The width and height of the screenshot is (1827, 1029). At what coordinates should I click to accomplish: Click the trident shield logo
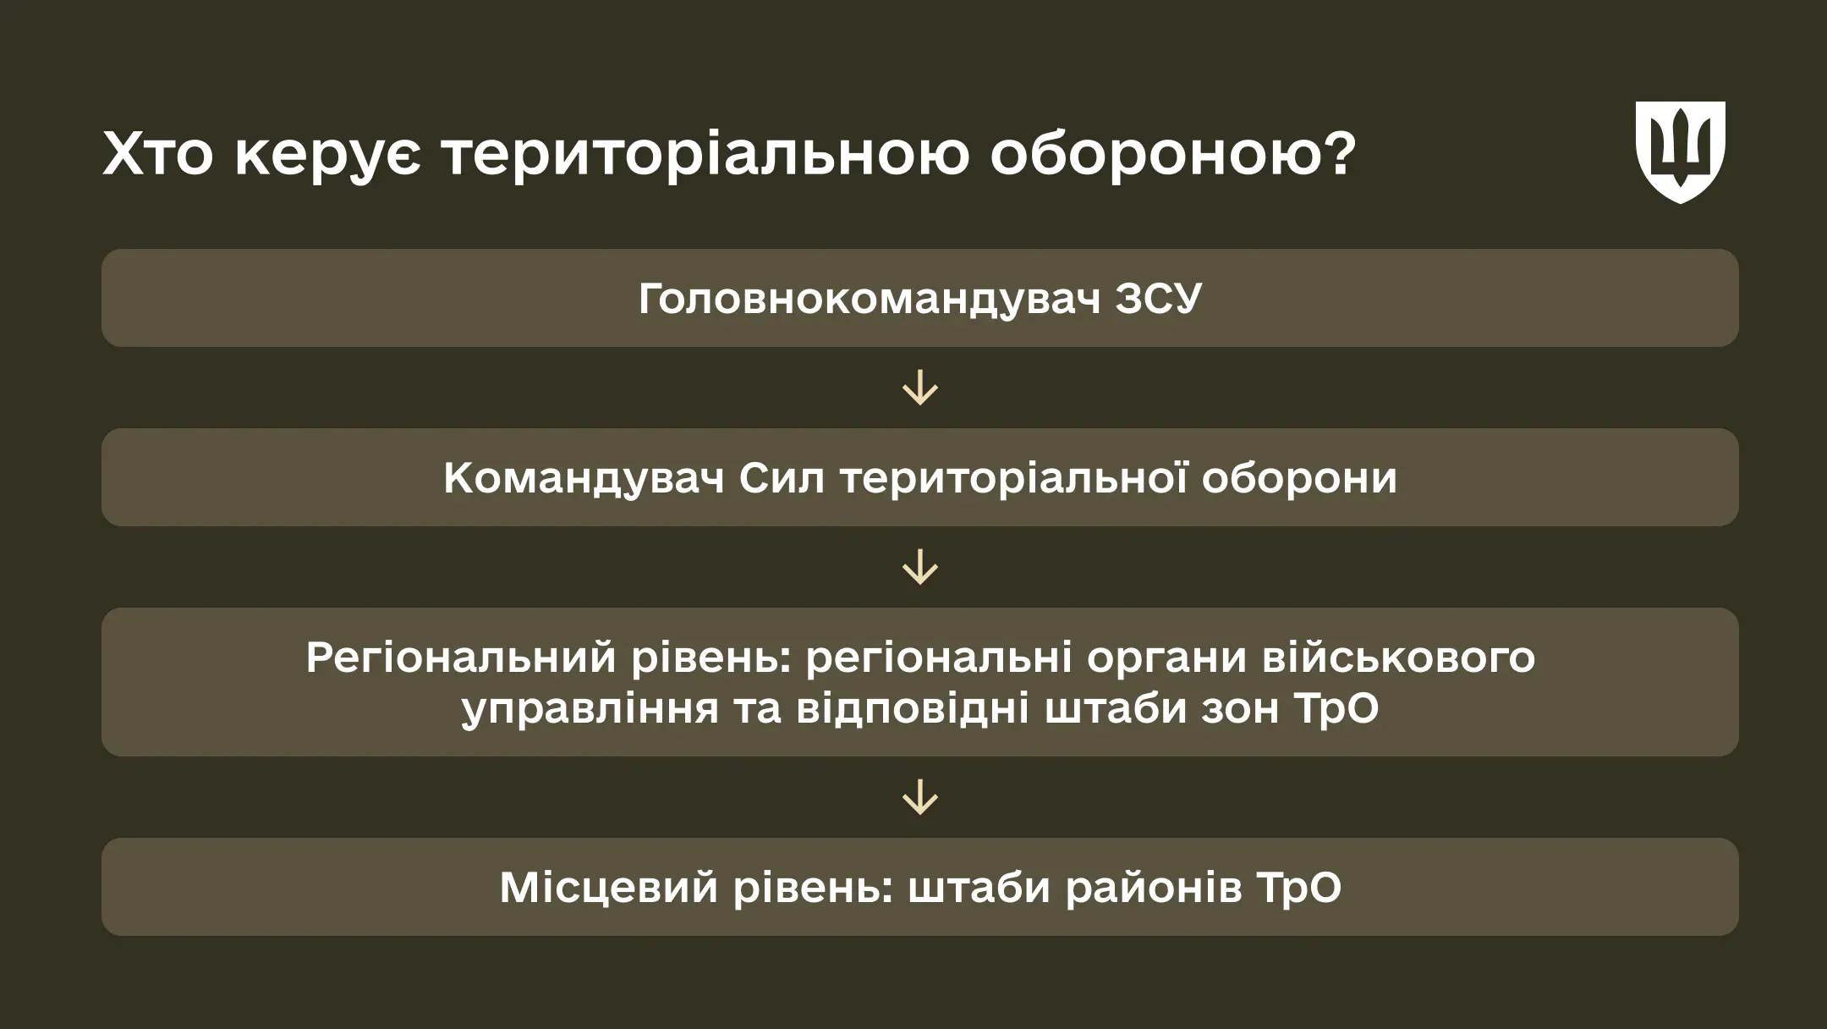1680,151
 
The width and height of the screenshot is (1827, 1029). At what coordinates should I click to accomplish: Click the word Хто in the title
157,154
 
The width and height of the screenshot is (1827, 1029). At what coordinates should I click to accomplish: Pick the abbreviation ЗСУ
1158,299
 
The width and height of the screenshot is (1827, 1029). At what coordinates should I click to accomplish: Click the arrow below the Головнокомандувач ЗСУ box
919,388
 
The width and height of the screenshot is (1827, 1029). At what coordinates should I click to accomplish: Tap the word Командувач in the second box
584,478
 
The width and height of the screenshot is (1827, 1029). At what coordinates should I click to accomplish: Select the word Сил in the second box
782,478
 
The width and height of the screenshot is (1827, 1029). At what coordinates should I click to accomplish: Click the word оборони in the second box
1299,478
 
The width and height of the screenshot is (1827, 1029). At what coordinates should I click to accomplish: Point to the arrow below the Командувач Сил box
919,568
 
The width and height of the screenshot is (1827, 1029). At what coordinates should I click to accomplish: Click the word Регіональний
460,658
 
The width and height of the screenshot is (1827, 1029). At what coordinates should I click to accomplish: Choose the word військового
1398,658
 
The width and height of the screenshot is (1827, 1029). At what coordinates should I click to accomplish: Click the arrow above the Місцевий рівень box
919,797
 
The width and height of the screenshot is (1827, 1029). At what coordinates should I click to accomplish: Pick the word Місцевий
607,888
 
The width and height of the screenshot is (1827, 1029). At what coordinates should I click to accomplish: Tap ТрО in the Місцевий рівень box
1299,888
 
